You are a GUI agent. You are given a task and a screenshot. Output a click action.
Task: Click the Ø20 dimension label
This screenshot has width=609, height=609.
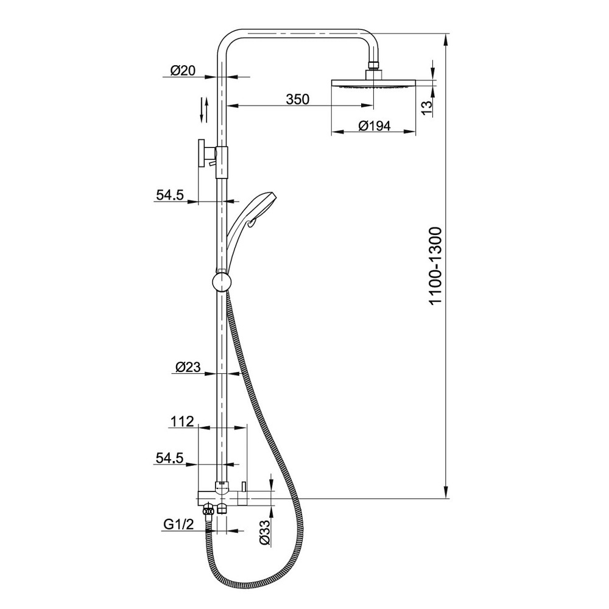181,71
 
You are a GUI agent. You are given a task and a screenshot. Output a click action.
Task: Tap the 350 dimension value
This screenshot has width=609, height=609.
298,99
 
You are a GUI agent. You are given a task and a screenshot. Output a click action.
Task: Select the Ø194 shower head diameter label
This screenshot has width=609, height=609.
373,126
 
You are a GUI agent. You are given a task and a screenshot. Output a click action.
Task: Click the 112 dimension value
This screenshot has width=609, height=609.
181,421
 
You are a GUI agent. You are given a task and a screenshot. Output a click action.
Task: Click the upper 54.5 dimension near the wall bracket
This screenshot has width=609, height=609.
170,195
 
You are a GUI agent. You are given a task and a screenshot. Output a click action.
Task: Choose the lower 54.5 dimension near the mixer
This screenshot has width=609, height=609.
169,459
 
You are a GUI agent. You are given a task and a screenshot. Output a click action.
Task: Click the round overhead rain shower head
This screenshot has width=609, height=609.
373,83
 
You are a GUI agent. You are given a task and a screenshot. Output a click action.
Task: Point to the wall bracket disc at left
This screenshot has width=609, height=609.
200,153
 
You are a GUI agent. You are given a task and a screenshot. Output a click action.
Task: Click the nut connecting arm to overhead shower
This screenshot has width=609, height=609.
373,65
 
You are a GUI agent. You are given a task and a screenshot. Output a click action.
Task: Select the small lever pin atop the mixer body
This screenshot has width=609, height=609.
242,486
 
